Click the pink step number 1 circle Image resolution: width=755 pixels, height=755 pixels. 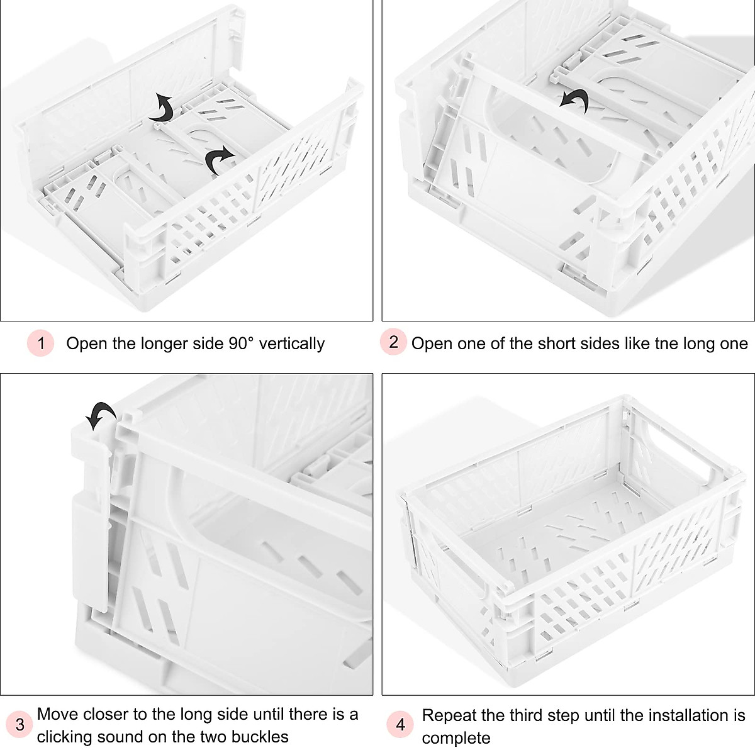(41, 344)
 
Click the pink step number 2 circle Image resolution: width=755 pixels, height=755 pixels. (393, 342)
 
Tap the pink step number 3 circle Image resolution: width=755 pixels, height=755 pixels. (20, 725)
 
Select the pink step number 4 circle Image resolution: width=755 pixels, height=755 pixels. (400, 725)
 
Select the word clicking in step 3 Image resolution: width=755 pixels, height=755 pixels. (64, 737)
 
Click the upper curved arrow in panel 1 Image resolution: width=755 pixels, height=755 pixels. (162, 108)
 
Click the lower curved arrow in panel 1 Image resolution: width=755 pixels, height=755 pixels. (220, 160)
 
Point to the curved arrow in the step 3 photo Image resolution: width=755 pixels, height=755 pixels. (101, 415)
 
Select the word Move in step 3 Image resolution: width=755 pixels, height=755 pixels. (57, 714)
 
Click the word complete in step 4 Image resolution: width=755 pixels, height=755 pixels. (456, 737)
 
